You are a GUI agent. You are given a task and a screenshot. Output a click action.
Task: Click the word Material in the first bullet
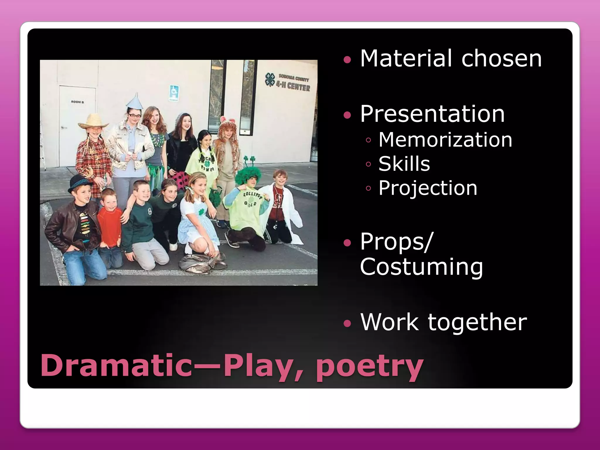pyautogui.click(x=406, y=58)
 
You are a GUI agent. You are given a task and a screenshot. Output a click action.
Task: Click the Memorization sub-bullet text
pyautogui.click(x=445, y=140)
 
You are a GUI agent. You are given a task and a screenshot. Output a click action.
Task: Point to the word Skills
pyautogui.click(x=404, y=164)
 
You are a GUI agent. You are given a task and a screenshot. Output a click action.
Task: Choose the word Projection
pyautogui.click(x=428, y=188)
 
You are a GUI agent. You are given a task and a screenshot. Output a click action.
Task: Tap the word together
pyautogui.click(x=477, y=322)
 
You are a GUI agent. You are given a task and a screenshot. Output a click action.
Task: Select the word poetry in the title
pyautogui.click(x=369, y=366)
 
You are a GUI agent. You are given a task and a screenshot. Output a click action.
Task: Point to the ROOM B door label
pyautogui.click(x=77, y=102)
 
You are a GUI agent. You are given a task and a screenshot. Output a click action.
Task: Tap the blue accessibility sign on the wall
pyautogui.click(x=174, y=93)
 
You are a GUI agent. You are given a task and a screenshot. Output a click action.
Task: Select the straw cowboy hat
pyautogui.click(x=93, y=121)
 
